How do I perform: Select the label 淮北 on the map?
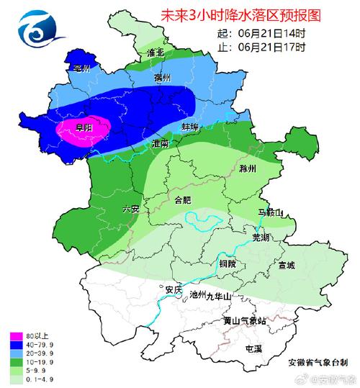155,53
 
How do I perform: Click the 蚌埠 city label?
189,127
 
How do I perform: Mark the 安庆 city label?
173,289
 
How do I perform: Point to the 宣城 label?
286,266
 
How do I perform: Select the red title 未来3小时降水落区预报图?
230,14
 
